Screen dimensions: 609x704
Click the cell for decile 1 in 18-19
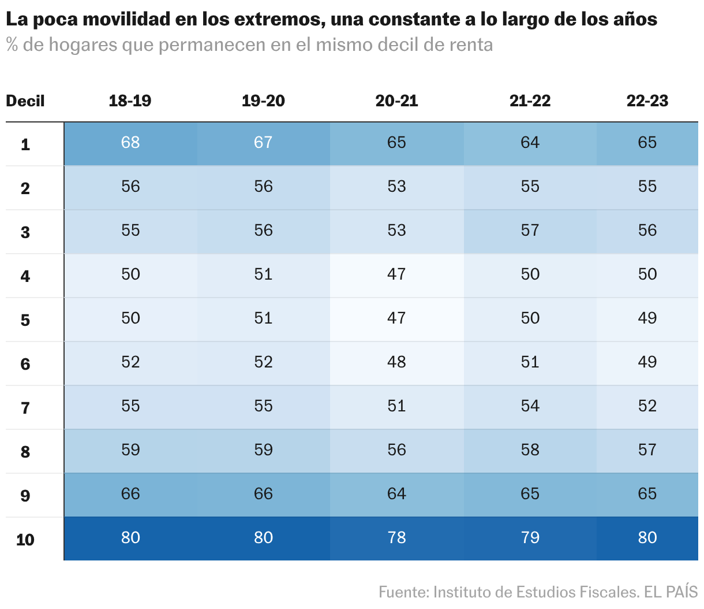point(130,143)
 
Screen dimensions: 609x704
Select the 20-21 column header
point(396,101)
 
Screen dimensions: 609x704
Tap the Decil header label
point(25,101)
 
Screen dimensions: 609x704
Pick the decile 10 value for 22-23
point(647,538)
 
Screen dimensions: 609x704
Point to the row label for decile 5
point(25,320)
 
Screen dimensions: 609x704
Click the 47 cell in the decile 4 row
point(396,274)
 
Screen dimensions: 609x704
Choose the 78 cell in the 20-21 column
point(396,538)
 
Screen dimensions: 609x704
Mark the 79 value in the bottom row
point(530,538)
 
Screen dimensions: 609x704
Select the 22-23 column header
point(647,101)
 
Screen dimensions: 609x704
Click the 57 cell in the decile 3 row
point(530,231)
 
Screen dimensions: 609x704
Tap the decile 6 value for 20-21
point(396,362)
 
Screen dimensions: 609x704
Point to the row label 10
point(25,540)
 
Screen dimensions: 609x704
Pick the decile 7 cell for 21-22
point(530,406)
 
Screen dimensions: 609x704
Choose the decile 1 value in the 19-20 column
point(263,143)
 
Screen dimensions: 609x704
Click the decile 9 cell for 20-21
point(396,494)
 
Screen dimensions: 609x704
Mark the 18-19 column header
point(130,101)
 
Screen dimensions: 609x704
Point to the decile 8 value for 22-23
point(647,450)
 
